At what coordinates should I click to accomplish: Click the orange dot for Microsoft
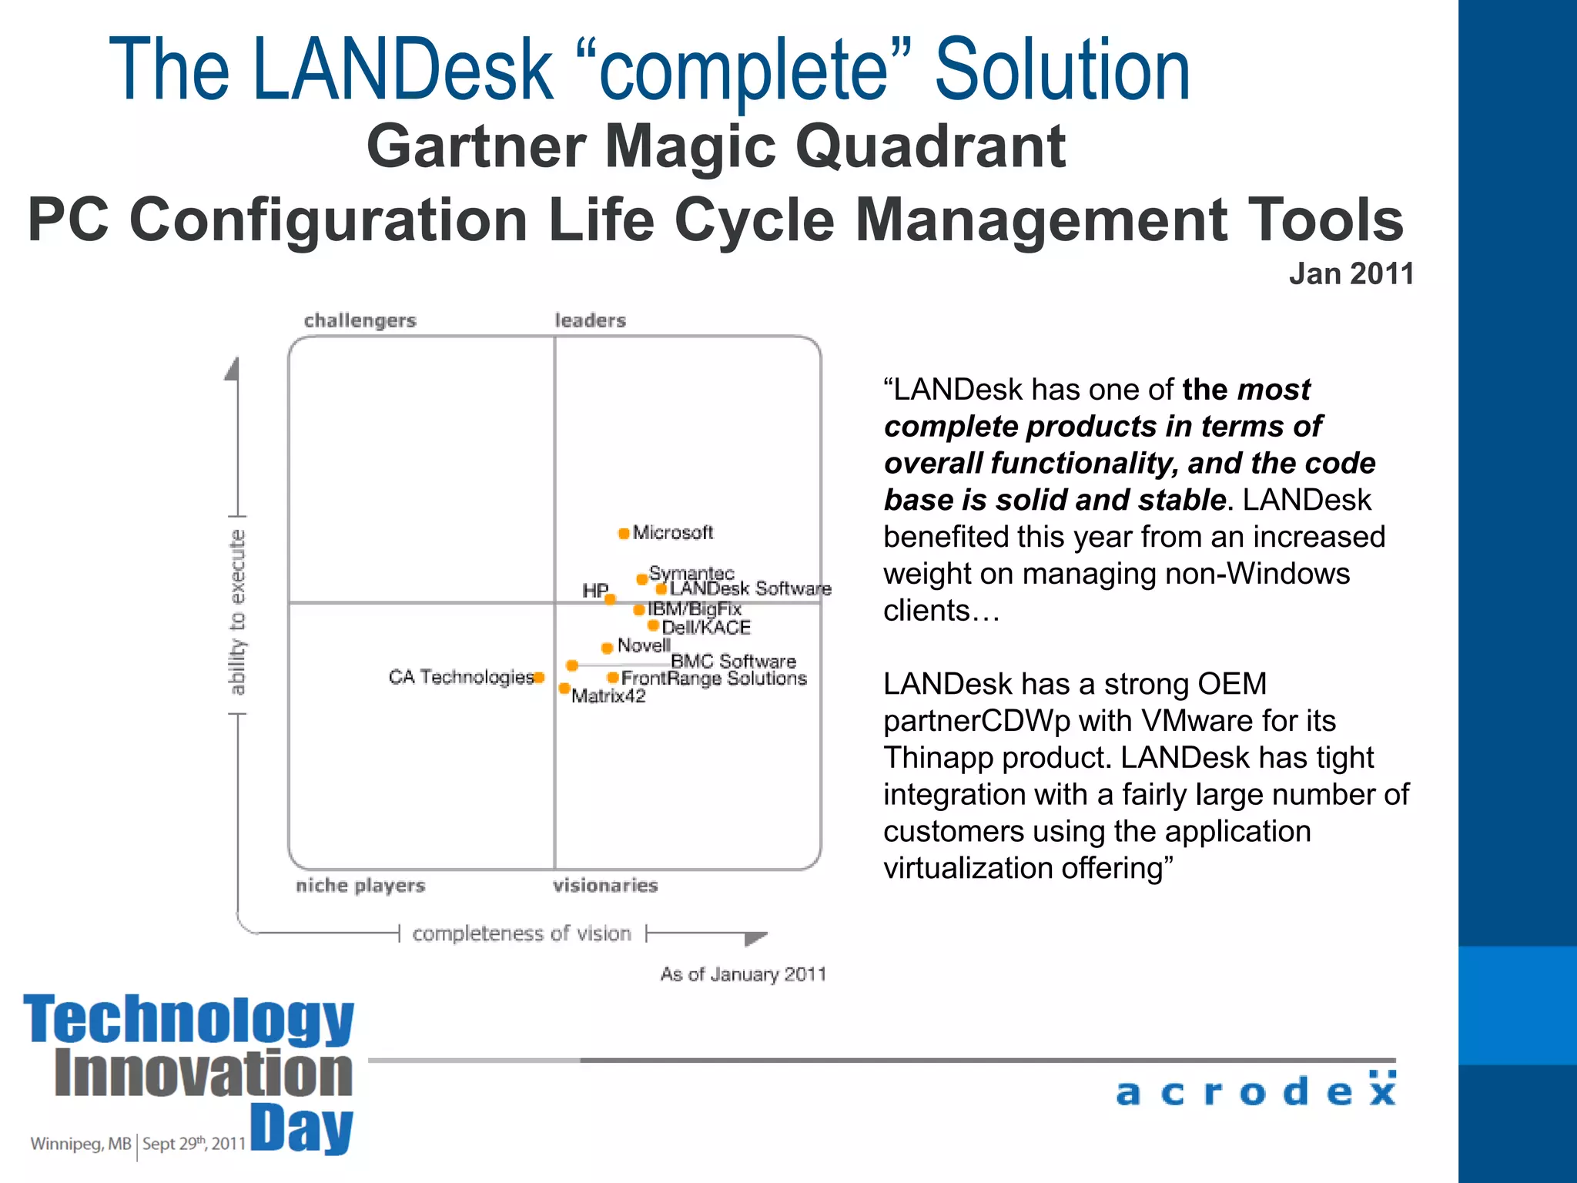tap(624, 533)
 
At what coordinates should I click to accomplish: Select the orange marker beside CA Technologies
tap(539, 678)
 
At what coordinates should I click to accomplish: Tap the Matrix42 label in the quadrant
tap(608, 696)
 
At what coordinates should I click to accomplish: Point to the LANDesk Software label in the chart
tap(750, 588)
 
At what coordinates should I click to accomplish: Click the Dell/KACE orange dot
tap(653, 625)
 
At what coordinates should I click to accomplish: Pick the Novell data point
tap(607, 648)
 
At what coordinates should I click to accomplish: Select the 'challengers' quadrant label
tap(360, 320)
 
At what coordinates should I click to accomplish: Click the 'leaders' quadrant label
tap(590, 320)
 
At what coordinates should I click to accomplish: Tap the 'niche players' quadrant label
tap(360, 886)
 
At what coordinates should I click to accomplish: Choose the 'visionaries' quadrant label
tap(605, 886)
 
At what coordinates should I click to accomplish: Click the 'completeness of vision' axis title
tap(521, 933)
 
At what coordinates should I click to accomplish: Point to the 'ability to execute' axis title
tap(237, 612)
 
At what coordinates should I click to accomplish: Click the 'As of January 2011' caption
tap(742, 974)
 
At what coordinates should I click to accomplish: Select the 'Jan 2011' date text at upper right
tap(1351, 274)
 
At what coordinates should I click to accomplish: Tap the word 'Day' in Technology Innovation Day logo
tap(302, 1128)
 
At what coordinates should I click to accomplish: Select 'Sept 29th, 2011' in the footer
tap(194, 1144)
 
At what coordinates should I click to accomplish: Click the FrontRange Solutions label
tap(714, 679)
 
